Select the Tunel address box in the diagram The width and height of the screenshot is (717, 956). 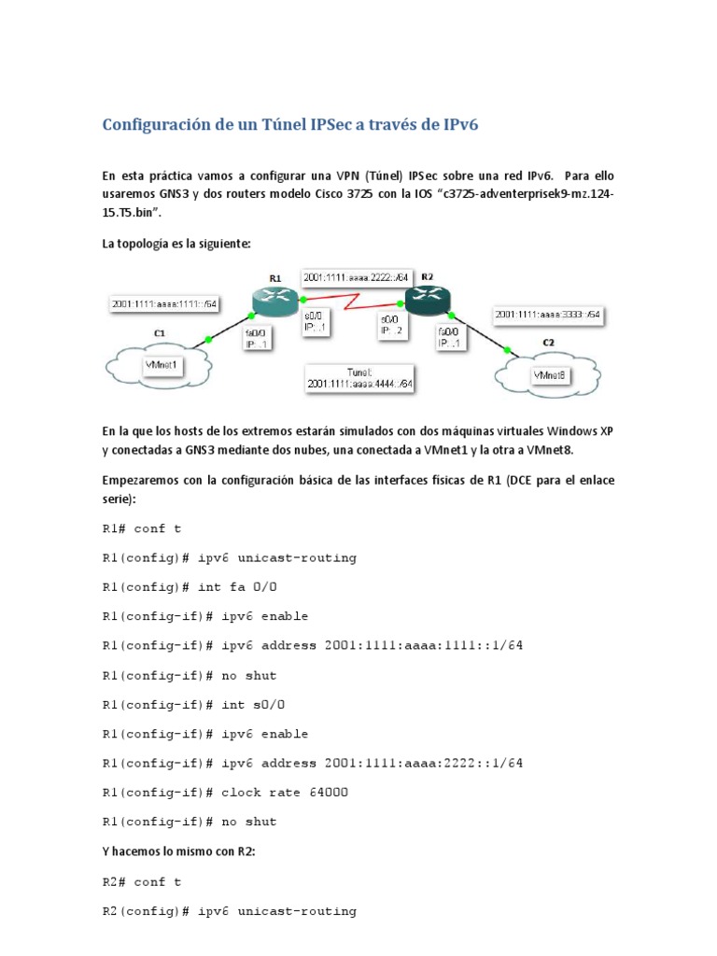(x=359, y=377)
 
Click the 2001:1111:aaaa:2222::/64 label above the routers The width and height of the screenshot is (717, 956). (x=355, y=277)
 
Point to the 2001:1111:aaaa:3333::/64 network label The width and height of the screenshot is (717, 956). (x=548, y=315)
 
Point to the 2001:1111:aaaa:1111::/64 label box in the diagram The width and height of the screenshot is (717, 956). (x=164, y=304)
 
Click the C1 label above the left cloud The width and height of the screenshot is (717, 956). (x=160, y=331)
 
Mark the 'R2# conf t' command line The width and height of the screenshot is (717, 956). (x=141, y=880)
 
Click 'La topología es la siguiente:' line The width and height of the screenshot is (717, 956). (x=176, y=244)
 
